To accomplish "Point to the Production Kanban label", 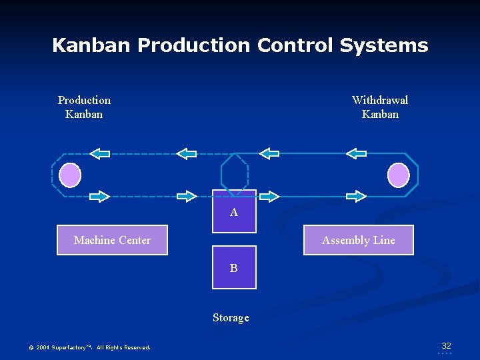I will click(84, 107).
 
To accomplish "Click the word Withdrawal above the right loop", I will click(379, 100).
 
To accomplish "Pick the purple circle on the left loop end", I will click(70, 175).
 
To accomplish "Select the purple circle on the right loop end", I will click(399, 175).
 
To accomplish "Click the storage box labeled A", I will click(234, 211).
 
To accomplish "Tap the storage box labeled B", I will click(234, 267).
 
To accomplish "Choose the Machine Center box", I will click(112, 240).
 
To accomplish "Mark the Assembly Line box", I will click(358, 240).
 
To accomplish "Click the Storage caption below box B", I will click(231, 318).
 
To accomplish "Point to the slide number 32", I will click(446, 345).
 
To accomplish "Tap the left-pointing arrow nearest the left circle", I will click(99, 154).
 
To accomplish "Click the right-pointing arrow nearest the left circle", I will click(99, 196).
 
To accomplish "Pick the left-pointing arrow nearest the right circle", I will click(357, 153).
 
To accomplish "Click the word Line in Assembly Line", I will click(383, 240).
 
